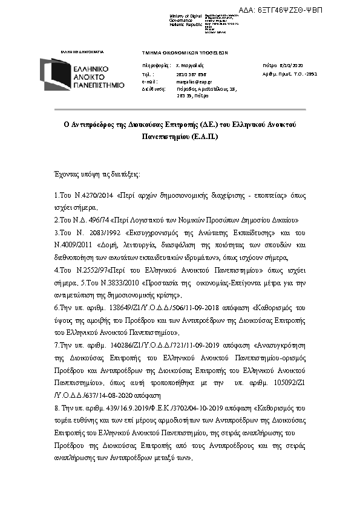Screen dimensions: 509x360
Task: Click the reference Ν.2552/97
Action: click(x=91, y=269)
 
